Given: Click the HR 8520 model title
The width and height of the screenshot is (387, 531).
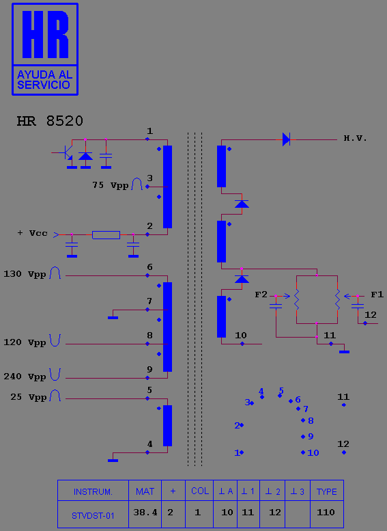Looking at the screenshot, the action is click(x=50, y=121).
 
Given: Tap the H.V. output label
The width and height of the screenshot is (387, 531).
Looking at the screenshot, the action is click(x=355, y=138).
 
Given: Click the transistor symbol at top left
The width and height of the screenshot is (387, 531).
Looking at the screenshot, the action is click(x=66, y=152).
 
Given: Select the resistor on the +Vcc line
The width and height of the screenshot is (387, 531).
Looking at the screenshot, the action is click(x=106, y=234).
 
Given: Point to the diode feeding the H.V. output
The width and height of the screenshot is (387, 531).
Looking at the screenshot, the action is click(x=286, y=139).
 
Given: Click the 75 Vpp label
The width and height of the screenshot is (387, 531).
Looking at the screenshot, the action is click(x=111, y=185).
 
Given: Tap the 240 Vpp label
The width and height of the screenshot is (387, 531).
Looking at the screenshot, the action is click(x=25, y=377).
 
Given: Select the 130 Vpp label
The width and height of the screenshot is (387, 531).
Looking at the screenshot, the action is click(x=25, y=273).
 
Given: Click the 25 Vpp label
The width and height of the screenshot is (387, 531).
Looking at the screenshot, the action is click(x=29, y=396).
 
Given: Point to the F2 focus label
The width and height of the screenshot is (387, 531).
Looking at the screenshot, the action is click(x=261, y=295).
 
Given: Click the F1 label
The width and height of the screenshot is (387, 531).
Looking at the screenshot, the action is click(x=377, y=295).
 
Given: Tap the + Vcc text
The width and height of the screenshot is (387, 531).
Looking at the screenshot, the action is click(x=33, y=233).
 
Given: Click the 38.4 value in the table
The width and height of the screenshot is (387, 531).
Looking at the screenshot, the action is click(x=145, y=513).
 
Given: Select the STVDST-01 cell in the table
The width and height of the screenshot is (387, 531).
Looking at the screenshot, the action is click(x=93, y=516).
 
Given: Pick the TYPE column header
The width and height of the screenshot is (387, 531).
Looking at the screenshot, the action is click(x=327, y=492).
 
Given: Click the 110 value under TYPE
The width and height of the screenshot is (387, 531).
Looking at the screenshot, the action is click(x=326, y=513).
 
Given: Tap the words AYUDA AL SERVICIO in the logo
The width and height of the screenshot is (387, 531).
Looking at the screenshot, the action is click(x=44, y=79).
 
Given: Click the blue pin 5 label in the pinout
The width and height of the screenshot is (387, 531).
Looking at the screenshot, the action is click(x=281, y=390).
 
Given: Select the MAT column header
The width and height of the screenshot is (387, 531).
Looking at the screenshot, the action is click(x=145, y=491).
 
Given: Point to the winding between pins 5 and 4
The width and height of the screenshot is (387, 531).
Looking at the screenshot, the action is click(x=167, y=426).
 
